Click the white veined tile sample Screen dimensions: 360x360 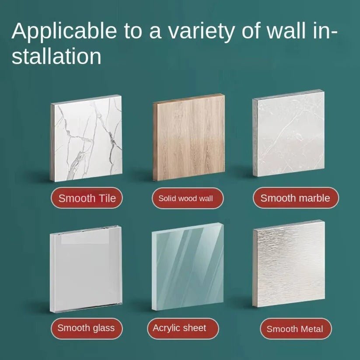click(86, 138)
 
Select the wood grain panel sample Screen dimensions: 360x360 click(189, 137)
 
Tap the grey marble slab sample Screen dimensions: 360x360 click(289, 133)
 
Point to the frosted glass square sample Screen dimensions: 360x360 click(86, 269)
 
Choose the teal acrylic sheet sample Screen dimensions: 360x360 click(188, 267)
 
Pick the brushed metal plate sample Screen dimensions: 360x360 click(289, 264)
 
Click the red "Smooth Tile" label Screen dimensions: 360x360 click(87, 198)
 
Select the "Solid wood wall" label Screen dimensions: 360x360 click(188, 198)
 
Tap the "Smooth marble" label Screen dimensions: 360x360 click(296, 198)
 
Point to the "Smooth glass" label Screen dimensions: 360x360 click(87, 329)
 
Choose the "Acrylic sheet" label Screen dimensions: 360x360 click(183, 329)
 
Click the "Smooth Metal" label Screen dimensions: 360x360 click(296, 329)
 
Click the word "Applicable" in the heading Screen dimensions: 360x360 click(64, 31)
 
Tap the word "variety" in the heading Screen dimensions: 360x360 click(201, 31)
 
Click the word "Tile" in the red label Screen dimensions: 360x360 click(107, 198)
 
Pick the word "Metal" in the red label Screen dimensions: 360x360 click(312, 329)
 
